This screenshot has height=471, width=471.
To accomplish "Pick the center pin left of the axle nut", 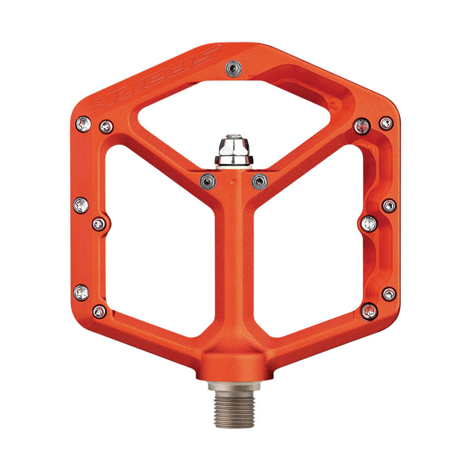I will (207, 180).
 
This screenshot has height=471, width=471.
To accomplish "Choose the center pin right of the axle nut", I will (259, 181).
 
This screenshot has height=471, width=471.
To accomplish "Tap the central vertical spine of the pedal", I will (234, 265).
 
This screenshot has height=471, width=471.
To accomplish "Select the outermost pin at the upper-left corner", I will (84, 124).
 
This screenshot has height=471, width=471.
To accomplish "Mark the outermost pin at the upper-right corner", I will (386, 123).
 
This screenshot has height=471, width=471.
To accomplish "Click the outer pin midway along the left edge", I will (81, 205).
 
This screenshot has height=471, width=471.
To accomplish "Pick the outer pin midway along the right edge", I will (389, 206).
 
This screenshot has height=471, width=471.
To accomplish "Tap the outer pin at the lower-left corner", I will (82, 292).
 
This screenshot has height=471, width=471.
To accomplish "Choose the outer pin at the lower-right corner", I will (389, 294).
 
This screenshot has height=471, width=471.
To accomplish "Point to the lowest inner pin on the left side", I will (99, 310).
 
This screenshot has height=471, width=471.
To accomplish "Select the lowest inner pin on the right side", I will (369, 311).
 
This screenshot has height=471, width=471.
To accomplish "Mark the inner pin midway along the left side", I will (99, 223).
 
